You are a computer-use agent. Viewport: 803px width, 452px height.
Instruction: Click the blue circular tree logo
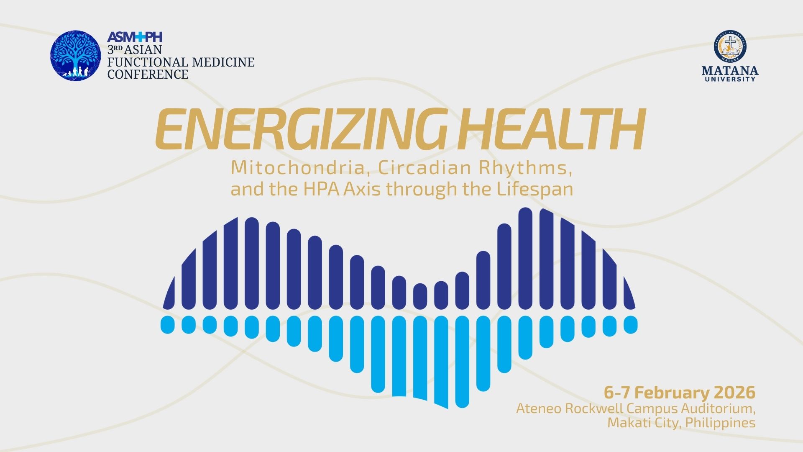click(x=76, y=56)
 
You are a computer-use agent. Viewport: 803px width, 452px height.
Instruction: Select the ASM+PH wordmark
click(x=135, y=37)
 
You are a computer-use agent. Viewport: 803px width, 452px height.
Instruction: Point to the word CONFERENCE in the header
click(x=148, y=74)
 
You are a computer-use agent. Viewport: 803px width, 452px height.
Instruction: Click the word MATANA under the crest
click(x=730, y=70)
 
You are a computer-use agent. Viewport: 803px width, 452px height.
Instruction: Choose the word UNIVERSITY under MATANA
click(x=730, y=79)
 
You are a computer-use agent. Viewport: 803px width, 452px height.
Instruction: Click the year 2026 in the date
click(x=734, y=393)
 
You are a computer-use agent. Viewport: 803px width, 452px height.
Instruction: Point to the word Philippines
click(x=720, y=423)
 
